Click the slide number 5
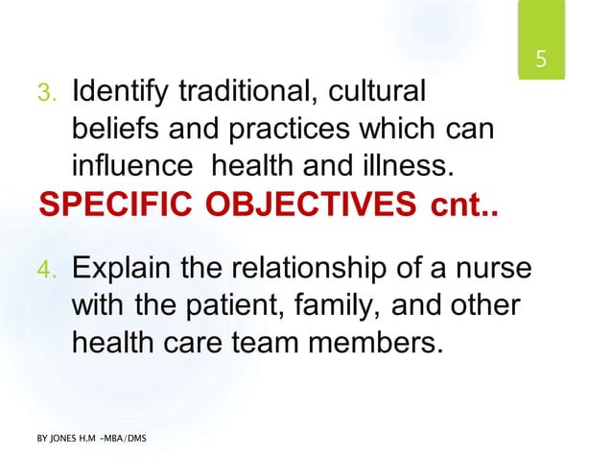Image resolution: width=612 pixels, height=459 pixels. click(x=540, y=60)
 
